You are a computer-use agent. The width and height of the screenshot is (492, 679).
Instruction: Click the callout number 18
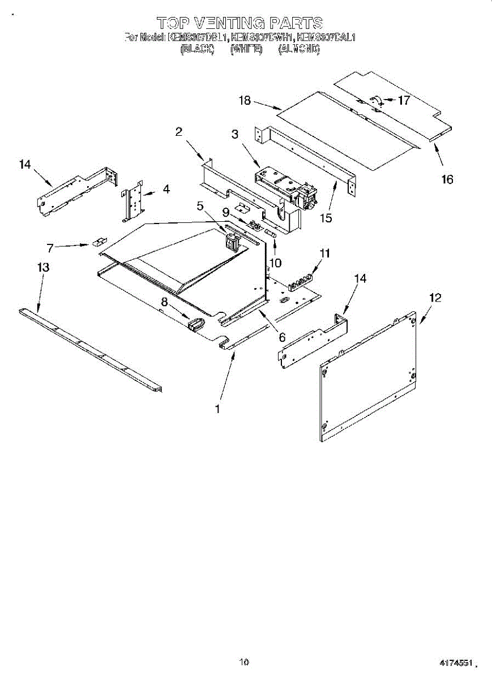(244, 101)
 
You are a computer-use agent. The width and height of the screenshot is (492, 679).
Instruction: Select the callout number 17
(404, 101)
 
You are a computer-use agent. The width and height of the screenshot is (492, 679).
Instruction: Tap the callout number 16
(447, 179)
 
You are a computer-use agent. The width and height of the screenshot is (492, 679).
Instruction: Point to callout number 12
(435, 297)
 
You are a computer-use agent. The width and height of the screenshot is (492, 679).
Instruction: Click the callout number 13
(43, 267)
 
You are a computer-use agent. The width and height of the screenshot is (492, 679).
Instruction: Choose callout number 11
(324, 253)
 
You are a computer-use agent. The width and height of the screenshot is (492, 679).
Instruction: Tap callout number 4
(166, 190)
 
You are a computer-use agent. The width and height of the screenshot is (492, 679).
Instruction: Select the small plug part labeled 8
(195, 324)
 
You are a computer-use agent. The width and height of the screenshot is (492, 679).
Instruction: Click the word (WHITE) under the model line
(246, 49)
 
